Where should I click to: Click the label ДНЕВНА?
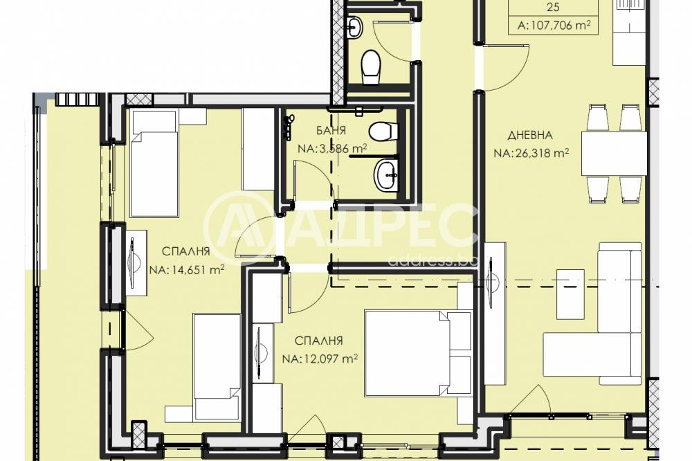[529, 135]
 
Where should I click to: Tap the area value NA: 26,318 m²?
[531, 153]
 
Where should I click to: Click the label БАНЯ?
[331, 130]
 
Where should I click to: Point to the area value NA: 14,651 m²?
[187, 269]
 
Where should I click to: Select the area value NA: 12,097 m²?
[320, 359]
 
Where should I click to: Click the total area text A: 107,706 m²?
[554, 25]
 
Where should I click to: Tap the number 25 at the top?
[553, 7]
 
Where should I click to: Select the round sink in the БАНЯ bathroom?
[386, 175]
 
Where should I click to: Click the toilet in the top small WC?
[370, 67]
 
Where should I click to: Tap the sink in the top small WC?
[354, 28]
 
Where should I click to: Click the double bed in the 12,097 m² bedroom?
[417, 353]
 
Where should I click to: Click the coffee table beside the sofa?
[570, 294]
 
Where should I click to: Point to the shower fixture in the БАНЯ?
[289, 127]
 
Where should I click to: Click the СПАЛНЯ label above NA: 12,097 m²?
[318, 341]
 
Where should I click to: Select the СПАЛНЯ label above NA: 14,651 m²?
[185, 251]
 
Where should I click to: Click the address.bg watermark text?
[432, 260]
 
